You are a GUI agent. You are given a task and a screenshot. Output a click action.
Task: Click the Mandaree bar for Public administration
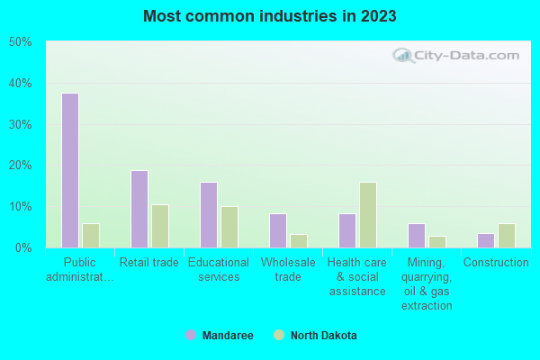coord(70,170)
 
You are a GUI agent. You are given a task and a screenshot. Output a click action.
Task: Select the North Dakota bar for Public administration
coord(91,235)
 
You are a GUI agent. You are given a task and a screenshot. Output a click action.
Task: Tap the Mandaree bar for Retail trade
coord(139,209)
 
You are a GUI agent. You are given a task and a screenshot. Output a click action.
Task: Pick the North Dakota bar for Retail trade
coord(160,226)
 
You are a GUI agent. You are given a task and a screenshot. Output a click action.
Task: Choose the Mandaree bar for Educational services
coord(209,214)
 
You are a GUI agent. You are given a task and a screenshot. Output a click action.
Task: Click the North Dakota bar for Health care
coord(368,214)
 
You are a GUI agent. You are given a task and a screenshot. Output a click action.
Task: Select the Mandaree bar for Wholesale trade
coord(278,230)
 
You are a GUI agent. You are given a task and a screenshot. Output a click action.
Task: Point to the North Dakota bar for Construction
coord(507,235)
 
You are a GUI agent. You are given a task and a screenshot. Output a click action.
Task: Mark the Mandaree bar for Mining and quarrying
coord(417,235)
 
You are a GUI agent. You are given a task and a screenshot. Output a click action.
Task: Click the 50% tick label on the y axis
coord(21,42)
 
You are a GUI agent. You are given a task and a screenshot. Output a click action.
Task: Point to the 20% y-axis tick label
coord(21,166)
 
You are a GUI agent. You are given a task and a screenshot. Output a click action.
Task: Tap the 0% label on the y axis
coord(23,247)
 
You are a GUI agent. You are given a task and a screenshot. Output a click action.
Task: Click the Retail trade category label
coord(149,263)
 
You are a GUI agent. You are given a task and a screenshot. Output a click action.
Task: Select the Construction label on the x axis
coord(496,263)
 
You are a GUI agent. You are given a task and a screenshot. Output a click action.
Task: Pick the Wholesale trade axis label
coord(288,270)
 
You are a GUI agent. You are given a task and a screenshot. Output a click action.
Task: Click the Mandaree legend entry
coord(220,336)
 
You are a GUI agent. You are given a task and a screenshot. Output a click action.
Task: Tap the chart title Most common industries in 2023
coord(270,16)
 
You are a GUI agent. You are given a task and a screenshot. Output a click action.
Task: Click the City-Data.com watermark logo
coord(454,56)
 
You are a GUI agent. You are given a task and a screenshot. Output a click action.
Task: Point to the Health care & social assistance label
coord(357,277)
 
